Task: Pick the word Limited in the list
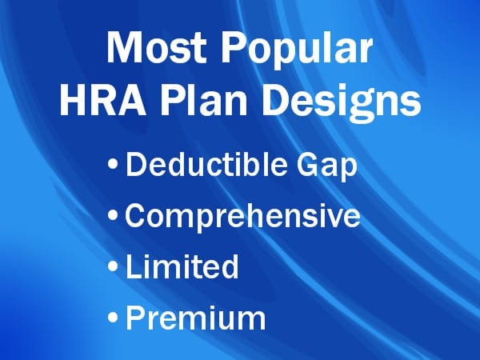[x=182, y=266]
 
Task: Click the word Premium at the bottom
[x=196, y=317]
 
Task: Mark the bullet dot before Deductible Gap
[x=114, y=167]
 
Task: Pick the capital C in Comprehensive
[x=136, y=216]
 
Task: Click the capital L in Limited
[x=133, y=266]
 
